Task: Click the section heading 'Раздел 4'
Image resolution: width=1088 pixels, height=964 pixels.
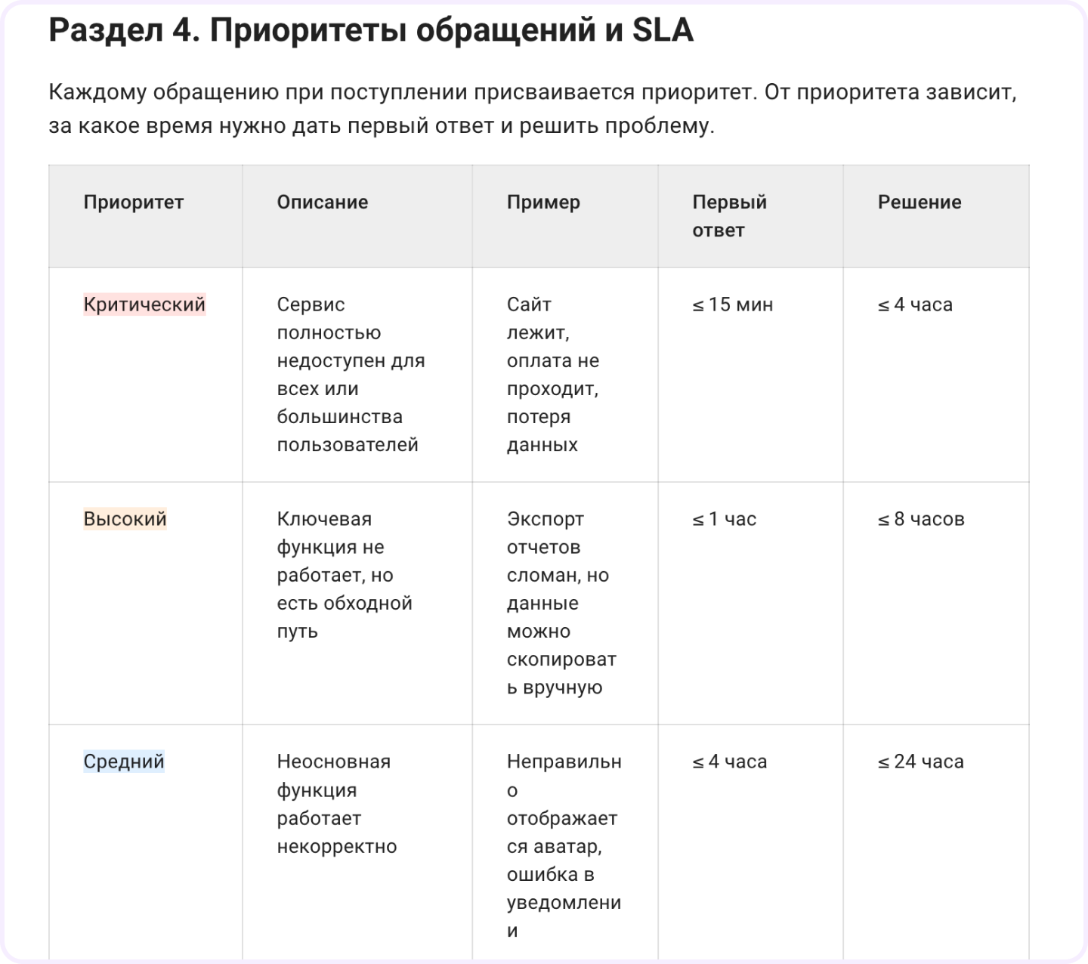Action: point(125,31)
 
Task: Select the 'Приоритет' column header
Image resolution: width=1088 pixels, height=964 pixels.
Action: point(134,202)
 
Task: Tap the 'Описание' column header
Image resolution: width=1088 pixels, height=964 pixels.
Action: point(323,202)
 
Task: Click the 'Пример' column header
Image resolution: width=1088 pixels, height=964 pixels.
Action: point(543,202)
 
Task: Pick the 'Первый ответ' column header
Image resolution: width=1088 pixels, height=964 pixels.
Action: point(729,215)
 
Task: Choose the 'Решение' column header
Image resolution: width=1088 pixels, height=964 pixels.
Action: point(920,202)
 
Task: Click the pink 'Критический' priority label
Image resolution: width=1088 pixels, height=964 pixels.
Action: point(144,304)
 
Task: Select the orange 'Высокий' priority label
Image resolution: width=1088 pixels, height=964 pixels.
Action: point(125,519)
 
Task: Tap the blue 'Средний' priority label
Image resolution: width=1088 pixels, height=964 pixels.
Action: point(124,761)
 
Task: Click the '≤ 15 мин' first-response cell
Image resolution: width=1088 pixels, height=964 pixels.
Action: point(732,304)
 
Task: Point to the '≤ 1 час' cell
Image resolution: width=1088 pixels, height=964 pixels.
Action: point(724,519)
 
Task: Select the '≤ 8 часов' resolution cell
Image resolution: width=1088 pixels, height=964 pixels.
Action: point(921,519)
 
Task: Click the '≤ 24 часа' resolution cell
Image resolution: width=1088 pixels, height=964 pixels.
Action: point(920,761)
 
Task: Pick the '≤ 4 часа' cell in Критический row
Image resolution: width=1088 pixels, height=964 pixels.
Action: point(915,304)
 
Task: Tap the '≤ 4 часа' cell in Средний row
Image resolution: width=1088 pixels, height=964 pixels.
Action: point(729,761)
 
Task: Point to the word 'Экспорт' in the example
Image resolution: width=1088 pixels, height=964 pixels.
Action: point(546,519)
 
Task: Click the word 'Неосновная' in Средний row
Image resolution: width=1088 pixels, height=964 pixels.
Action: point(334,761)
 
